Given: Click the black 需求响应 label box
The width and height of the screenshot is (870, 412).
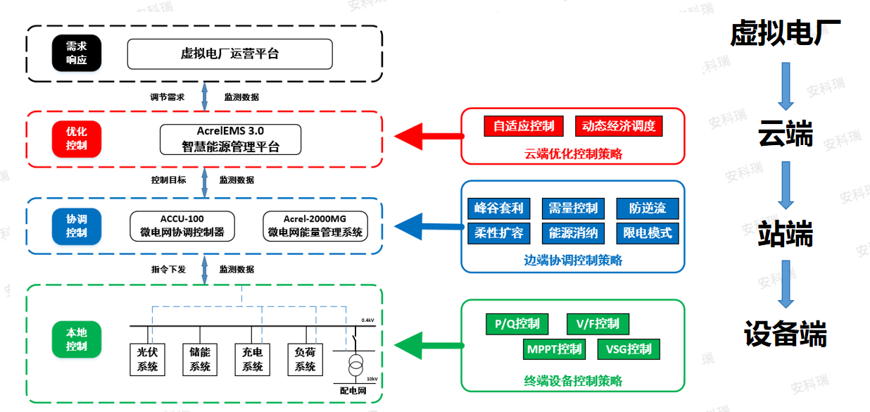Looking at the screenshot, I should (76, 54).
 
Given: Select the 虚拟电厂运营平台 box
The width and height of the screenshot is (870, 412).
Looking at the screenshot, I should (229, 54).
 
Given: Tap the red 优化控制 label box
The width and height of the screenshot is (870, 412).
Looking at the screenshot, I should (76, 138).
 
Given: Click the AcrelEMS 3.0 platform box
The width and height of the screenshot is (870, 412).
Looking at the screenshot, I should (229, 139).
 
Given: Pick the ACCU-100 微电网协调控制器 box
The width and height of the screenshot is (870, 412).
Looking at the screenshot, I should (182, 225).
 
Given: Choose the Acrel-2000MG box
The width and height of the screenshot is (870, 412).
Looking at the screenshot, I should (315, 225).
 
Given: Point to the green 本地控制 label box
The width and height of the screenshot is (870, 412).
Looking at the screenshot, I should (76, 339).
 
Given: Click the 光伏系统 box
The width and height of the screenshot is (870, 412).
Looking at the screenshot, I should (147, 358).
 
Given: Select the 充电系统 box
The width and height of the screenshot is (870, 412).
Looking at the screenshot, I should (252, 358).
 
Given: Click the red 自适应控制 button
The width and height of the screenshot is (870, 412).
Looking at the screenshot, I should (524, 126).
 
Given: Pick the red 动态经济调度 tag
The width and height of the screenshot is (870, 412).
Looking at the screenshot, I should (619, 126).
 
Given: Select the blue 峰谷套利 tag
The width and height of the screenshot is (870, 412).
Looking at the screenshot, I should (498, 208).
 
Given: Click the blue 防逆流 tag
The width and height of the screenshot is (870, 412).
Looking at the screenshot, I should (648, 208).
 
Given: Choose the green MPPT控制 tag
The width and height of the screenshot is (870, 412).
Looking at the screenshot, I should (555, 349).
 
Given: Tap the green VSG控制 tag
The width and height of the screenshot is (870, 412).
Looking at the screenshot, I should (629, 349).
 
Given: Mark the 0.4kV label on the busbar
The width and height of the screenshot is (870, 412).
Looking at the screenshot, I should (367, 320).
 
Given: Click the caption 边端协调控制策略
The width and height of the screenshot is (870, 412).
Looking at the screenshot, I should (573, 260).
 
